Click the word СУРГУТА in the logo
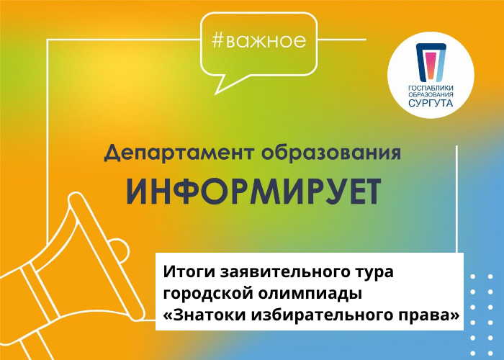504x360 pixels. click(x=431, y=104)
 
